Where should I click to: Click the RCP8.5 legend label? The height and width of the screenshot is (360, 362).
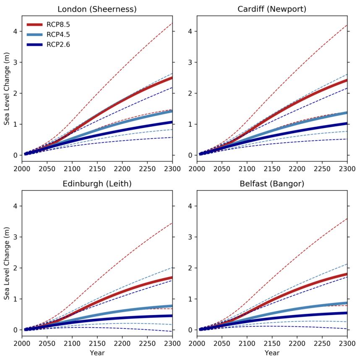[58, 25]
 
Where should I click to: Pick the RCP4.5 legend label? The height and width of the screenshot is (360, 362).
[58, 34]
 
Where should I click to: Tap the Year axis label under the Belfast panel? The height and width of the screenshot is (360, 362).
[272, 353]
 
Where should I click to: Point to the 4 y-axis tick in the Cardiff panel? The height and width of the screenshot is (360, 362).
[191, 31]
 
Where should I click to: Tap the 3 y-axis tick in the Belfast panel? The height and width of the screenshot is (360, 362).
[191, 237]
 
